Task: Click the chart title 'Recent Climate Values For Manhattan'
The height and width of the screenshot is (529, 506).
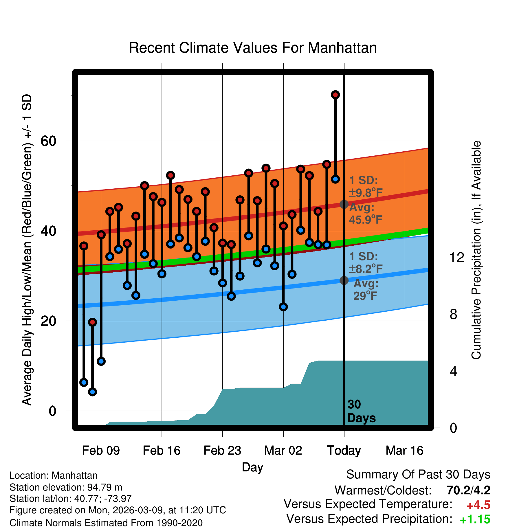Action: pos(253,48)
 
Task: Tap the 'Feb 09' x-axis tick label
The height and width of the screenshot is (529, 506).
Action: pos(101,451)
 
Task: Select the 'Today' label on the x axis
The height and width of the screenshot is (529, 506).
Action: pos(344,451)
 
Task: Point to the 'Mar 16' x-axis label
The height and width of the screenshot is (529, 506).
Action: pos(404,451)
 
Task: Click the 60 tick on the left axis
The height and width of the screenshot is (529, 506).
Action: pos(48,141)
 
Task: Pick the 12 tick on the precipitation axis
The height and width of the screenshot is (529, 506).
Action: pos(457,258)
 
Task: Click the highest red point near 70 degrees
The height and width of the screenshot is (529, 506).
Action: pos(335,95)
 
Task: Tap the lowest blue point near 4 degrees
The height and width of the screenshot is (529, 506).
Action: pos(92,392)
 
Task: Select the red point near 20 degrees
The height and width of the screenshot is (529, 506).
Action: pos(92,322)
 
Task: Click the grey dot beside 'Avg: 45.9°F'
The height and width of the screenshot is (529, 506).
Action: pos(344,204)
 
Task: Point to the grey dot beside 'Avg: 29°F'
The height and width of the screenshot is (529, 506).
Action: pos(344,280)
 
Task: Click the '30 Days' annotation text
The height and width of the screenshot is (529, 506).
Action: pos(361,411)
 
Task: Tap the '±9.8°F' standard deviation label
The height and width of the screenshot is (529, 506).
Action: pos(366,192)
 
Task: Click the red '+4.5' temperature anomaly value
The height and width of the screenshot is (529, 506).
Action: pos(478,505)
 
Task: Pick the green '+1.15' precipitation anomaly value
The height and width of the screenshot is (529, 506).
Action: pos(475,519)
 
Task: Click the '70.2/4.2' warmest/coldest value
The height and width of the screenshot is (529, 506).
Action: pos(468,490)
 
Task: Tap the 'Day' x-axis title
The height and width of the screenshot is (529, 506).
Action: pos(252,467)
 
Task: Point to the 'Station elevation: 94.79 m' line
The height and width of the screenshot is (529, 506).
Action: pos(66,487)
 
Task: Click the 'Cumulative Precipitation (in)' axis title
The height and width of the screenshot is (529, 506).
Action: pos(476,250)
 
